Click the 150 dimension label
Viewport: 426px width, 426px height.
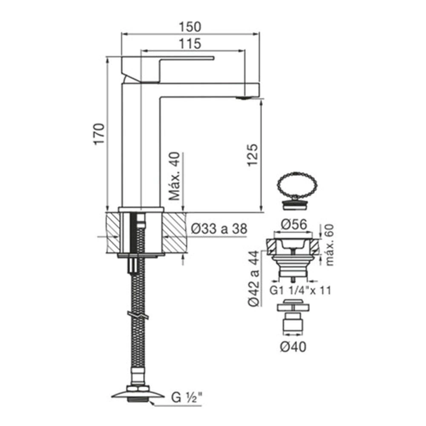point(190,26)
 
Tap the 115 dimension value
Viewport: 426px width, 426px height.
point(190,43)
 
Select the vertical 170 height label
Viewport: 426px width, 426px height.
point(99,134)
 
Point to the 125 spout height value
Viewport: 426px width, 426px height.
point(252,155)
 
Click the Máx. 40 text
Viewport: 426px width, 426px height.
point(174,176)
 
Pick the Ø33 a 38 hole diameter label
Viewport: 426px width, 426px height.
point(219,229)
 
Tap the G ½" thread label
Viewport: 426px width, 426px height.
point(187,397)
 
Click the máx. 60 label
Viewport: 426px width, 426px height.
point(329,245)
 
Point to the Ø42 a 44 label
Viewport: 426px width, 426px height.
point(254,279)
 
